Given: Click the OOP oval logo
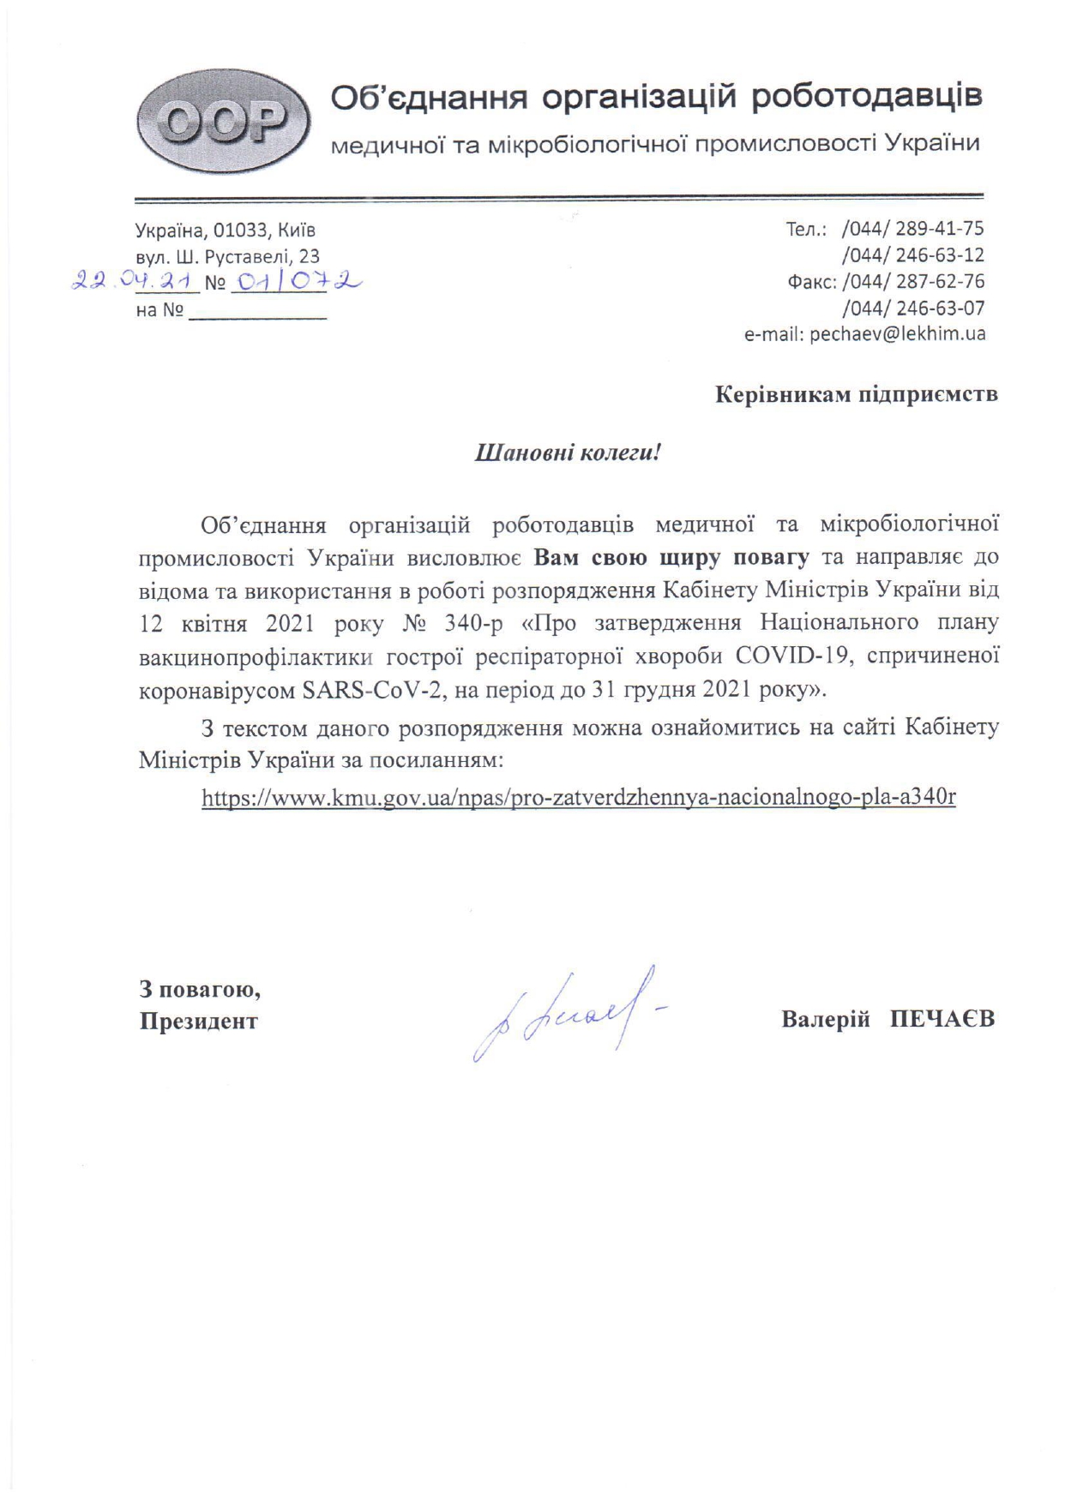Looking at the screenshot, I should click(x=222, y=121).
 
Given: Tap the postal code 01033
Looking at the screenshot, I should click(x=241, y=231).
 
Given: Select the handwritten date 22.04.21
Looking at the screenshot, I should click(x=135, y=281).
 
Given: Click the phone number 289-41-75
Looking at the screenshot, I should click(x=939, y=229).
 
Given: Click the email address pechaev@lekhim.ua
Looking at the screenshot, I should click(x=897, y=334).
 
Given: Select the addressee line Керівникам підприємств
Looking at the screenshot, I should click(x=856, y=395).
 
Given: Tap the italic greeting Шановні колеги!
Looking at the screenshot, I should click(x=568, y=452).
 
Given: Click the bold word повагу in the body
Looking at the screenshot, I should click(x=770, y=557).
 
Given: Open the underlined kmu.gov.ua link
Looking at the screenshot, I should click(x=579, y=798).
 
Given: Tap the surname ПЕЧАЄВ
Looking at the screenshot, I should click(x=942, y=1020).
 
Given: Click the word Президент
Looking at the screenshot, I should click(x=199, y=1022).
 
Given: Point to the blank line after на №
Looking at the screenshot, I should click(x=257, y=314).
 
